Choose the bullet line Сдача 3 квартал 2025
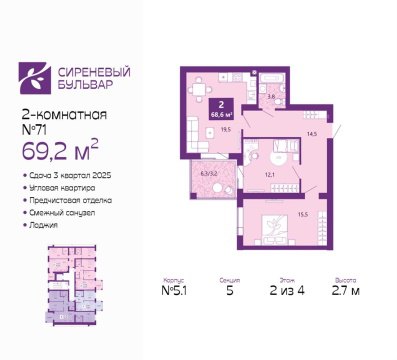coord(68,176)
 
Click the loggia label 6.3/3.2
coord(208,172)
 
